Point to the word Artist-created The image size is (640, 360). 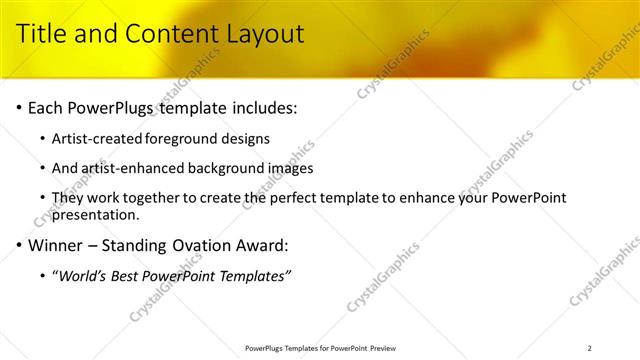99,138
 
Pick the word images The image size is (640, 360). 290,168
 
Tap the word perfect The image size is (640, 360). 325,199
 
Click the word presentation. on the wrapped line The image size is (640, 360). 95,214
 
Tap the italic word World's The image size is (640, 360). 84,275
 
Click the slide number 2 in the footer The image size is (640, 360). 589,348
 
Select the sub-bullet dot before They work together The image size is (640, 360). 42,199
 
